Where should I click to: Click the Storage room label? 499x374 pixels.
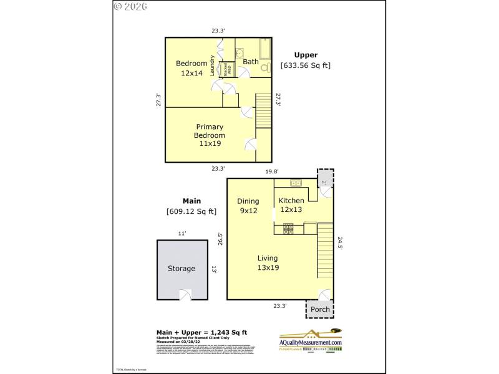click(181, 269)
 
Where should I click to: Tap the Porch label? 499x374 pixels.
click(319, 309)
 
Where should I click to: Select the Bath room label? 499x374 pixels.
click(251, 62)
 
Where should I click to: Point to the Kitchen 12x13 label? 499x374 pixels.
click(291, 205)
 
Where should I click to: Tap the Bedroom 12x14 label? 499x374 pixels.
click(191, 68)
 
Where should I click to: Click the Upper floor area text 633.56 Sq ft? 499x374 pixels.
click(306, 65)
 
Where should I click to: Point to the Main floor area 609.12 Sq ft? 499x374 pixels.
click(191, 211)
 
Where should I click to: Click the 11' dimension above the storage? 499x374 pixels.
click(182, 233)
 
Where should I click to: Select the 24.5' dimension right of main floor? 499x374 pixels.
click(340, 242)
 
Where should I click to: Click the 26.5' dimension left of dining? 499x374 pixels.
click(221, 239)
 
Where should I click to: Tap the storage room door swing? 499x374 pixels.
click(185, 295)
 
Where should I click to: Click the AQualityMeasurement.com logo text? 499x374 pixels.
click(310, 342)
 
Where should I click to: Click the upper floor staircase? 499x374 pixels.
click(264, 110)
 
